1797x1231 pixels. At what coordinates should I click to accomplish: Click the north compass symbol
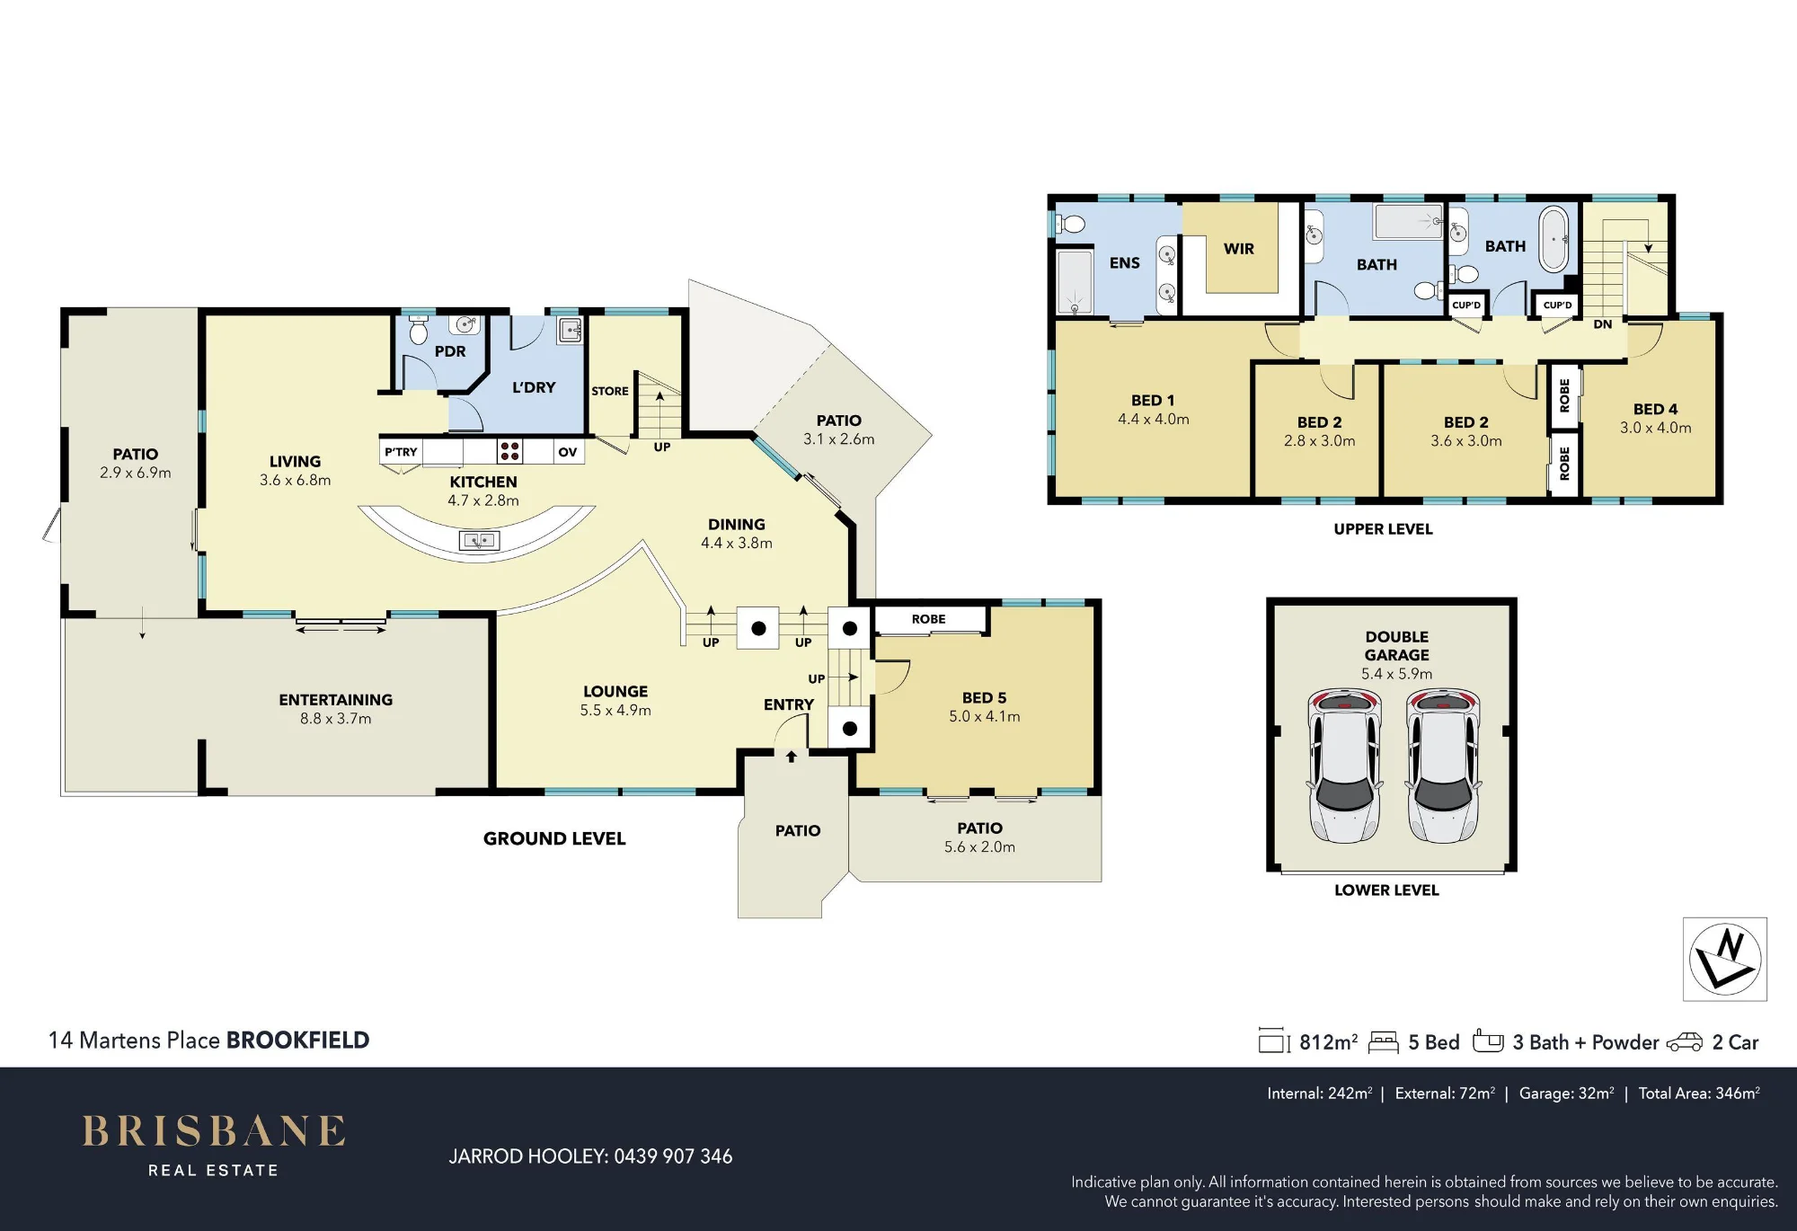pyautogui.click(x=1725, y=959)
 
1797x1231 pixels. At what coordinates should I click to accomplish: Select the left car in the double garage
pyautogui.click(x=1344, y=766)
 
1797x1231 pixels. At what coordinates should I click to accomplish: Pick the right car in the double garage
pyautogui.click(x=1443, y=766)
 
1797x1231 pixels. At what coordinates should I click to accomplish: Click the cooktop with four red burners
pyautogui.click(x=509, y=450)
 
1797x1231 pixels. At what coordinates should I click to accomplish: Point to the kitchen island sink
pyautogui.click(x=479, y=540)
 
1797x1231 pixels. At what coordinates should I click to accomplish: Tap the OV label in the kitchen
pyautogui.click(x=567, y=452)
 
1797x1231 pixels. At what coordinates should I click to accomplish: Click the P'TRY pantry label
pyautogui.click(x=401, y=452)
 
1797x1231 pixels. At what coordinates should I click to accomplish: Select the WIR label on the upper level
pyautogui.click(x=1238, y=249)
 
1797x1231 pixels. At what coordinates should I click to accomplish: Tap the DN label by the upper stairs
pyautogui.click(x=1603, y=324)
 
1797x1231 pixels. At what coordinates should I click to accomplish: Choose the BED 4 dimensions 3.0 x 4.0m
pyautogui.click(x=1655, y=428)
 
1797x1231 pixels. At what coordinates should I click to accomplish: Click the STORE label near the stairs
pyautogui.click(x=610, y=391)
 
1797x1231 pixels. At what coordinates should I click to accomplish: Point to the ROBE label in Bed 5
pyautogui.click(x=928, y=619)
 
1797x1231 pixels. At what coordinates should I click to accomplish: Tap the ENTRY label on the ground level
pyautogui.click(x=789, y=704)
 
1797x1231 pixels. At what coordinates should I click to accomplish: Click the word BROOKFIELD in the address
pyautogui.click(x=297, y=1040)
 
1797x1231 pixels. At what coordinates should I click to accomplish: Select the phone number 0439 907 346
pyautogui.click(x=673, y=1156)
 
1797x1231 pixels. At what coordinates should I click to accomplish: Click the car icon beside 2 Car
pyautogui.click(x=1684, y=1042)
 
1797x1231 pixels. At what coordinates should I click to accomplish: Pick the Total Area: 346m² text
pyautogui.click(x=1699, y=1094)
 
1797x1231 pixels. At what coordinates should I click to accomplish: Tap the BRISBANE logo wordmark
pyautogui.click(x=214, y=1131)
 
